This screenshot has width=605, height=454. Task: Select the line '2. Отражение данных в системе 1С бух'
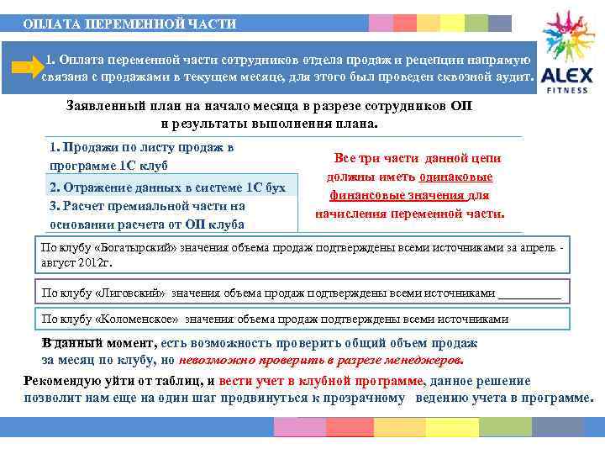[x=169, y=187]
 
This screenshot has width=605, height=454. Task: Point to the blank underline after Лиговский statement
[x=529, y=293]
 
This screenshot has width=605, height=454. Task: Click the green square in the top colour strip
[x=476, y=23]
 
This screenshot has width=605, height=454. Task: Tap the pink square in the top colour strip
[x=381, y=23]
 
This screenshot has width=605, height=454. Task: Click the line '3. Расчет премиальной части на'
[x=147, y=206]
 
